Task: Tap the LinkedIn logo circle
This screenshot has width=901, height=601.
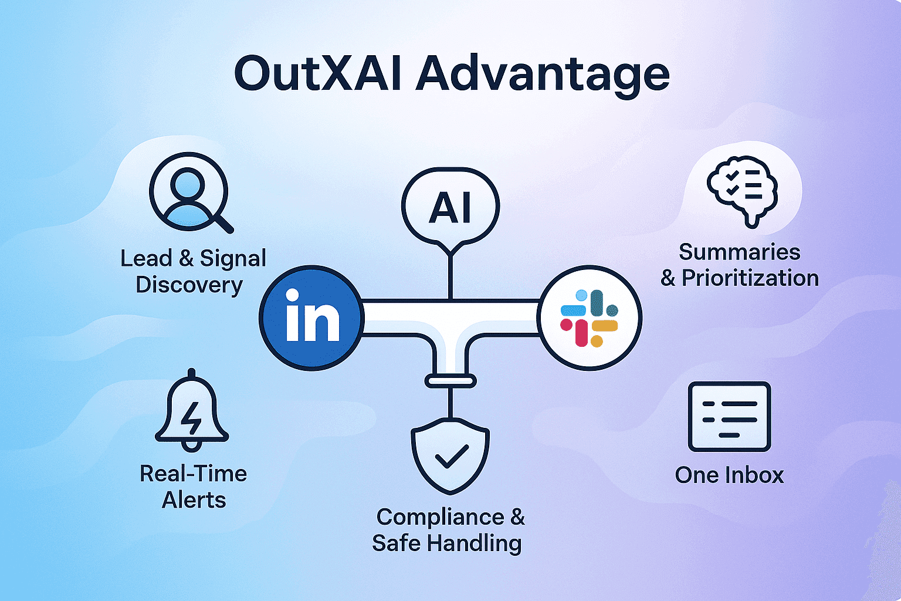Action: (311, 318)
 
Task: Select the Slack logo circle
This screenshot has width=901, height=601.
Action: (590, 318)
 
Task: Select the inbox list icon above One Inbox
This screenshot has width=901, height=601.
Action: (729, 416)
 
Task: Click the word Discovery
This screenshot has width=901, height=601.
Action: (189, 285)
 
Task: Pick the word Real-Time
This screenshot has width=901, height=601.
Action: (193, 474)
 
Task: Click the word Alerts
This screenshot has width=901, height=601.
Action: (194, 500)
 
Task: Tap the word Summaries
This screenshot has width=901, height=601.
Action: (739, 252)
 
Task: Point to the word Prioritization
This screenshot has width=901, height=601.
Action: (750, 278)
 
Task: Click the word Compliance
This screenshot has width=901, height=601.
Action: (440, 517)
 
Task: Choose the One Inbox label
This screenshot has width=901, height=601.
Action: (729, 475)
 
